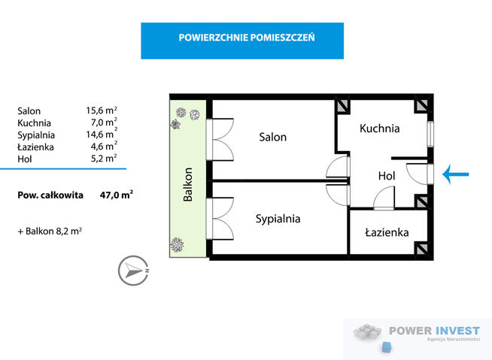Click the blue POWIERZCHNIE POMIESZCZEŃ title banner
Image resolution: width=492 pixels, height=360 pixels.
[x=242, y=40]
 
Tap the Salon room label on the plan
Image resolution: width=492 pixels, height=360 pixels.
[x=273, y=138]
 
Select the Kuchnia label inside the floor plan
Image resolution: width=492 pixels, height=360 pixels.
[x=379, y=129]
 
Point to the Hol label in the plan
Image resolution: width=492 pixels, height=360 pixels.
[x=387, y=175]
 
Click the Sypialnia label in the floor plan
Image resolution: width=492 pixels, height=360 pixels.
[x=278, y=219]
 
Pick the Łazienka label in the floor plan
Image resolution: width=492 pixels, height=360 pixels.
[x=387, y=233]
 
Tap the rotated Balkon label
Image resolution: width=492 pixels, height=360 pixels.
[x=188, y=184]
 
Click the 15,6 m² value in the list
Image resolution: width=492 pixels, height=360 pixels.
[x=102, y=110]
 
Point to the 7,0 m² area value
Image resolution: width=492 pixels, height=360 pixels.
[x=103, y=122]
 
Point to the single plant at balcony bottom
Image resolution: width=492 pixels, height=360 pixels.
[x=178, y=244]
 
